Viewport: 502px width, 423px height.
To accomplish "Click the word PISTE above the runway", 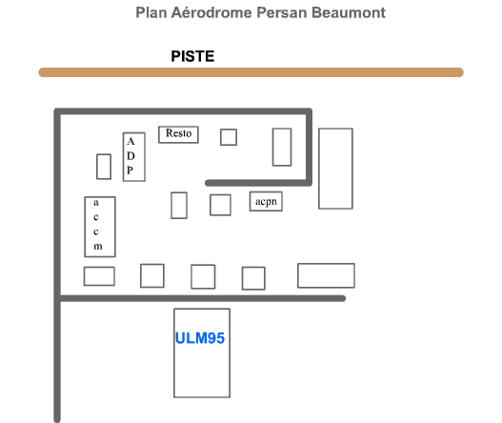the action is [x=192, y=56].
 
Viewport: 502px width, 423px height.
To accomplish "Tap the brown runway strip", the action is [x=251, y=72].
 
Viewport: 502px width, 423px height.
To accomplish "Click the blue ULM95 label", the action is [x=200, y=338].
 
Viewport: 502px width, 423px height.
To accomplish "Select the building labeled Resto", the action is [x=178, y=134].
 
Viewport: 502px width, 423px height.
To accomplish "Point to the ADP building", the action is [x=134, y=157].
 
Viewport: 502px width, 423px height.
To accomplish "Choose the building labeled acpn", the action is [x=266, y=201].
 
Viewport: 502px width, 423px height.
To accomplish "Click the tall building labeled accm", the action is [x=100, y=227].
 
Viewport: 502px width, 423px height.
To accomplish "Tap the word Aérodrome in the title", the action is [x=211, y=12].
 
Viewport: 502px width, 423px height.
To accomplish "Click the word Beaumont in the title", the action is [x=349, y=12].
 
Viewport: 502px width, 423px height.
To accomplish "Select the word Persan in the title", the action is [x=282, y=12].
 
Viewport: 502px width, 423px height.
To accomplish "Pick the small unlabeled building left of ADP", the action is [x=104, y=167].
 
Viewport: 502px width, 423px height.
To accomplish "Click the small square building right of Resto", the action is [x=229, y=137].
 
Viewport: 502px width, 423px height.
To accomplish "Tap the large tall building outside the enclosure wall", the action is [x=335, y=169].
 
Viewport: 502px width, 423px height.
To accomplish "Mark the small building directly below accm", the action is [x=99, y=276].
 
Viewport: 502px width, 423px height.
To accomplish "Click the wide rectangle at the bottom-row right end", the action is [x=326, y=275].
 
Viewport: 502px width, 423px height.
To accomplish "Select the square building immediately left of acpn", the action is [x=220, y=205].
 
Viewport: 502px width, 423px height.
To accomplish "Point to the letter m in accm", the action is [x=98, y=247].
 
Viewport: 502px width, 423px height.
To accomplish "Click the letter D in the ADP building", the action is [x=131, y=156].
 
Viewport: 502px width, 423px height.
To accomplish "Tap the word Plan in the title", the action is [x=151, y=12].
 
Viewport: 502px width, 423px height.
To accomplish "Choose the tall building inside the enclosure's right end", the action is [x=282, y=147].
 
